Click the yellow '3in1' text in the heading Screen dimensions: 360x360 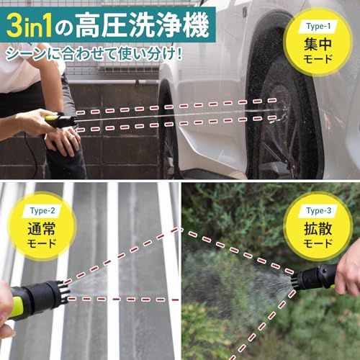(x=30, y=26)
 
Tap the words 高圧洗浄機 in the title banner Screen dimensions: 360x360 (x=142, y=26)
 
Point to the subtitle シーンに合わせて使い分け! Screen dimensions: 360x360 (x=94, y=54)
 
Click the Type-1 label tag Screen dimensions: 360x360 (x=318, y=26)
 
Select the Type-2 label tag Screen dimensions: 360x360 (x=42, y=211)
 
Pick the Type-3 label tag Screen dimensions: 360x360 (x=318, y=211)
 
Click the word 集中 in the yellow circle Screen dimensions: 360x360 (x=318, y=44)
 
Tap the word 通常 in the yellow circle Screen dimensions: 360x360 (x=42, y=229)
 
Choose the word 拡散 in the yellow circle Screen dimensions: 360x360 (x=318, y=229)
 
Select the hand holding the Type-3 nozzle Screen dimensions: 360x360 (x=348, y=271)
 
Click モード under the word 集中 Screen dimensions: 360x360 (x=318, y=59)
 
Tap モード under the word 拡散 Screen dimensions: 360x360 (x=318, y=243)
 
